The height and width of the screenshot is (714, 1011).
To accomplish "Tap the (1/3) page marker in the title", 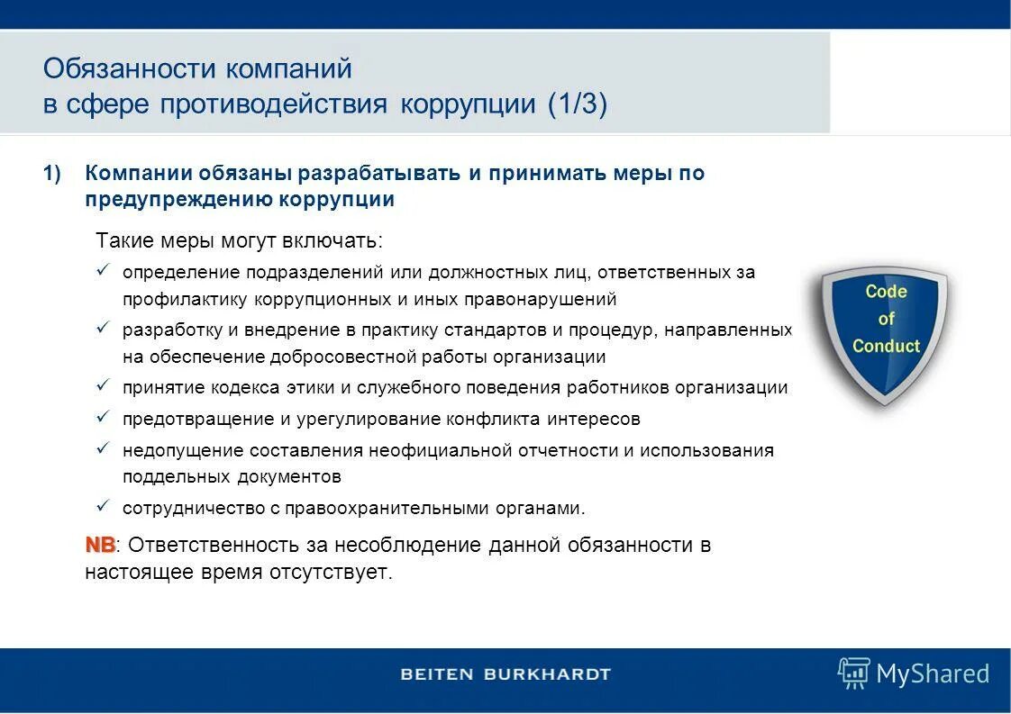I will [x=577, y=104].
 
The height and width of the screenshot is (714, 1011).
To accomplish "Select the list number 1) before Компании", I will [x=51, y=174].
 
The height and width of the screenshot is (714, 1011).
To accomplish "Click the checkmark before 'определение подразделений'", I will [x=104, y=270].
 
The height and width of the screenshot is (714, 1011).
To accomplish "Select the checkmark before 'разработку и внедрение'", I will [x=104, y=329].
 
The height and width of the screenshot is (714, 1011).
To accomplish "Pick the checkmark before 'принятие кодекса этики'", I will [x=104, y=386].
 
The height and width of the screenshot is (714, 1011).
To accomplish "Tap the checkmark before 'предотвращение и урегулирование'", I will [x=104, y=418].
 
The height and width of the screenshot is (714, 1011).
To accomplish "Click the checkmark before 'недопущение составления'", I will [x=104, y=448].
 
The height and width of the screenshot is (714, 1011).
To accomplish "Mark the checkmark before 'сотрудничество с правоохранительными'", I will [x=104, y=506].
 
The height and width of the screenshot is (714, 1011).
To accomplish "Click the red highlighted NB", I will [x=100, y=546].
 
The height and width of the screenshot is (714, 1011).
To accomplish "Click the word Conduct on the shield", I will [x=886, y=347].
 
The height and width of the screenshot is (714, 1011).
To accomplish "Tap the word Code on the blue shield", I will [x=886, y=292].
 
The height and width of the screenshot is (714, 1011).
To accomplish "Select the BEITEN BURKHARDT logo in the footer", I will [x=505, y=674].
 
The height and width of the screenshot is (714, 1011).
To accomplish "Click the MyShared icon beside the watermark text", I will [x=852, y=673].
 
